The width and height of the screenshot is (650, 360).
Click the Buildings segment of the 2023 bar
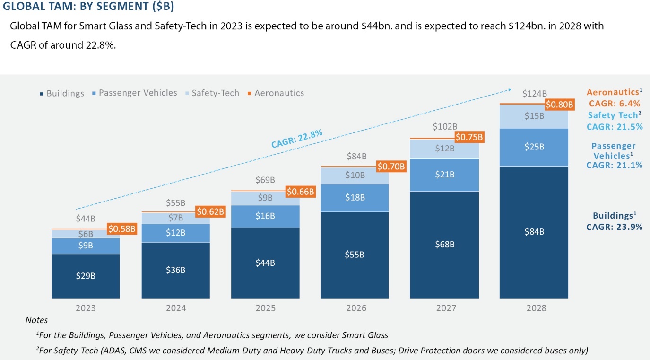(86, 276)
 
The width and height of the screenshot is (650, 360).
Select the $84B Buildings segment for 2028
(534, 232)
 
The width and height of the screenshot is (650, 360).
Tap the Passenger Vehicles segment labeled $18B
(355, 198)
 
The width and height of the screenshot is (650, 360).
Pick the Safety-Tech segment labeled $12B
(444, 149)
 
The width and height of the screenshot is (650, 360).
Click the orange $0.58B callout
(122, 229)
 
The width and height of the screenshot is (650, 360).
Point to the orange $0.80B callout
(559, 104)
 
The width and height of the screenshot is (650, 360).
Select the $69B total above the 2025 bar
(265, 180)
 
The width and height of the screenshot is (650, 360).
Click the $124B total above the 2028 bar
(534, 94)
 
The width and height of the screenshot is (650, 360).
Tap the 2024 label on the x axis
(175, 308)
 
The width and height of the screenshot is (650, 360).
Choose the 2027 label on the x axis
(444, 308)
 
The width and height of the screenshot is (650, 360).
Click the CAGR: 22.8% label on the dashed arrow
(296, 139)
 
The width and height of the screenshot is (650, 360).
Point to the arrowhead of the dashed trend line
(511, 88)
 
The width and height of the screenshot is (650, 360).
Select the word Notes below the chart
(36, 320)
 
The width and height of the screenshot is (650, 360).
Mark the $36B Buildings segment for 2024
(175, 270)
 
